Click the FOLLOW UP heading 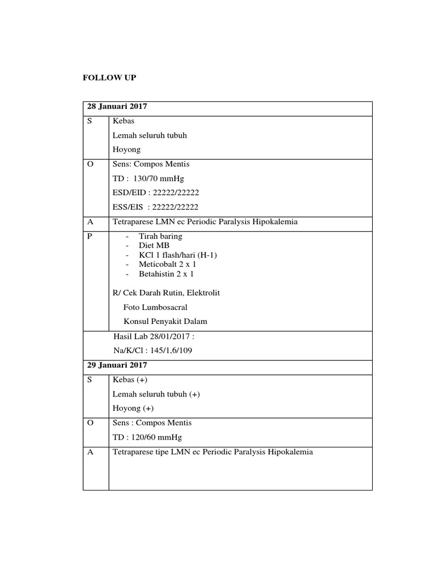(109, 77)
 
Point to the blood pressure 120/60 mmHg (154, 437)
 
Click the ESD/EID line (156, 193)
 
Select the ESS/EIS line (156, 207)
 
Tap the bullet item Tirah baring (160, 236)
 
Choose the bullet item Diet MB (154, 245)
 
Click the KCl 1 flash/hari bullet (178, 255)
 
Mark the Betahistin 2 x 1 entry (166, 274)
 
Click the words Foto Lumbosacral (155, 307)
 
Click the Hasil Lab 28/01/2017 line (154, 336)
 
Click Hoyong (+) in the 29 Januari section (133, 408)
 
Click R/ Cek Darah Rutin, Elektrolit (167, 293)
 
